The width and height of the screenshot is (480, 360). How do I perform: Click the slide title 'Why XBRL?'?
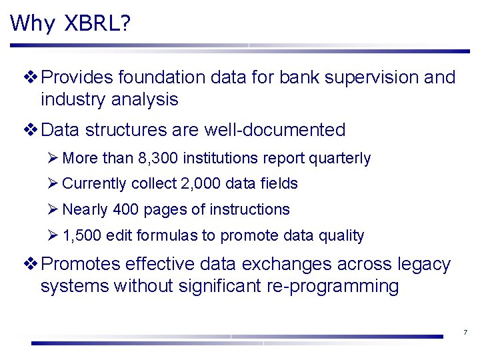pos(71,23)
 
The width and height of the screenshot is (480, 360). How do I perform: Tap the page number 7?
pos(465,333)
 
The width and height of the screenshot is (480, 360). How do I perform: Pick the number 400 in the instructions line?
pos(126,209)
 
